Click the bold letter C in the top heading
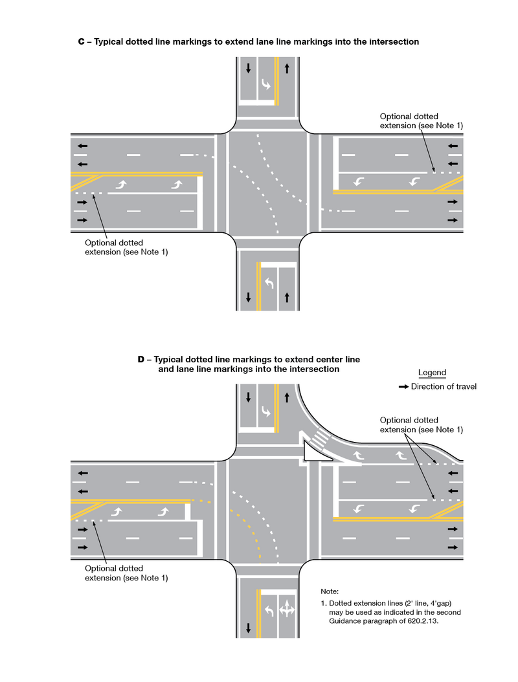[x=82, y=42]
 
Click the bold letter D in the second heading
[x=141, y=359]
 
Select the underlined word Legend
[x=432, y=373]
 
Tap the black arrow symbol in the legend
[x=403, y=387]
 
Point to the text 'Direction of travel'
[x=444, y=387]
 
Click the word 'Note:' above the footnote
[x=330, y=591]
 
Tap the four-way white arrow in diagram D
[x=286, y=610]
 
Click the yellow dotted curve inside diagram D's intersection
[x=247, y=527]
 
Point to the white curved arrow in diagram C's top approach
[x=266, y=85]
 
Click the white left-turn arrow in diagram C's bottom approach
[x=268, y=283]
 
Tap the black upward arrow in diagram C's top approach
[x=287, y=68]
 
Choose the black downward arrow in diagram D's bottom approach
[x=248, y=627]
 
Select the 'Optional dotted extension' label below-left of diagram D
[x=126, y=573]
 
